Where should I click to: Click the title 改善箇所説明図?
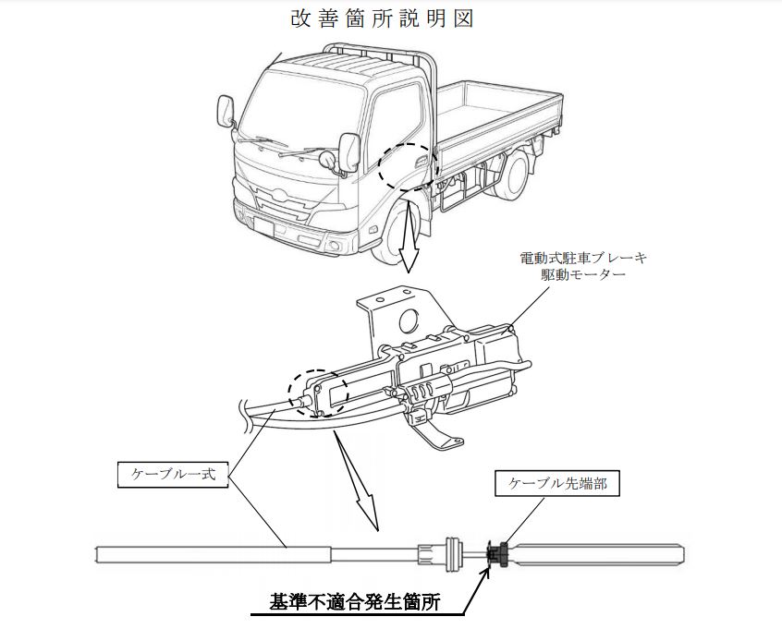(x=382, y=20)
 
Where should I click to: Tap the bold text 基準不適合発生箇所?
(x=355, y=601)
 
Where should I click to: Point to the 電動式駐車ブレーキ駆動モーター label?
(x=572, y=267)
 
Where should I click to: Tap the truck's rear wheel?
(x=514, y=175)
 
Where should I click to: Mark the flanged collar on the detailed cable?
(x=453, y=553)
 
